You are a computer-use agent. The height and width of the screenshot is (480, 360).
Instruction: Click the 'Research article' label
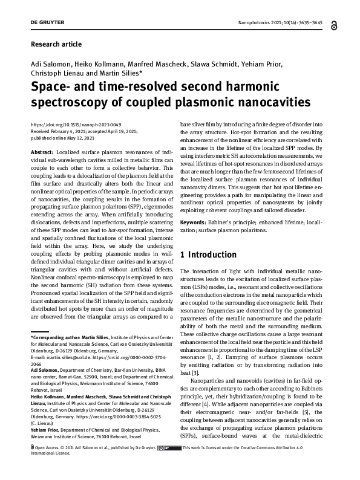click(56, 44)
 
